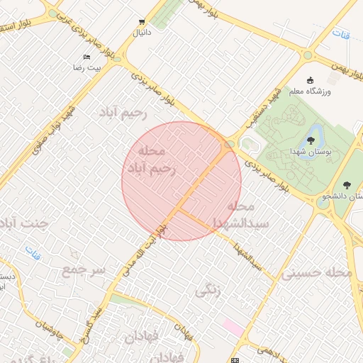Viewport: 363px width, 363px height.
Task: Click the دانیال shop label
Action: click(x=143, y=33)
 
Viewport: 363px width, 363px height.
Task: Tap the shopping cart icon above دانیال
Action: click(x=143, y=22)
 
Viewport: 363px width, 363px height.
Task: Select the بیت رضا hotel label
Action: click(x=88, y=67)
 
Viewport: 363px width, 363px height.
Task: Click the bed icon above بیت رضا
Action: click(x=87, y=57)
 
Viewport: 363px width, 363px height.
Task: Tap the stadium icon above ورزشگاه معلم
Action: click(x=309, y=79)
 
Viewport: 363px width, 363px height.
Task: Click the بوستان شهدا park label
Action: click(x=308, y=152)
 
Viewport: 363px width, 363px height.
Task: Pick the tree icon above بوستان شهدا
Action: click(x=311, y=140)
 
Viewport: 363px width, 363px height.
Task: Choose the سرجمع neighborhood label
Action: click(x=84, y=270)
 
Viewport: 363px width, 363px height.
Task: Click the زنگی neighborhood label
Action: click(x=208, y=290)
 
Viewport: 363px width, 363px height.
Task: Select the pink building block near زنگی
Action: click(x=232, y=327)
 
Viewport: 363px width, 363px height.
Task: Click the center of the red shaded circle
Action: click(x=181, y=181)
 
